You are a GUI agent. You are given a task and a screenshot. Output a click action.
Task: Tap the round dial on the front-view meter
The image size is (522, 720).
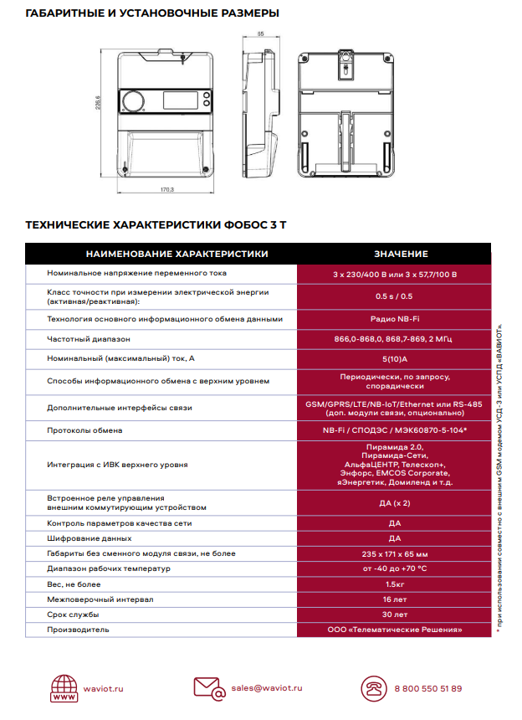pyautogui.click(x=135, y=101)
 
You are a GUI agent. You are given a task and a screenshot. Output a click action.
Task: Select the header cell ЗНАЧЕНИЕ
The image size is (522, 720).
pyautogui.click(x=401, y=254)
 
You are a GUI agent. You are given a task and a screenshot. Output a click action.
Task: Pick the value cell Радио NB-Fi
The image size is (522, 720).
pyautogui.click(x=394, y=319)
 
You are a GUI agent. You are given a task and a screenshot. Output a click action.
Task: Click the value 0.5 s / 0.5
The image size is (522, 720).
pyautogui.click(x=394, y=296)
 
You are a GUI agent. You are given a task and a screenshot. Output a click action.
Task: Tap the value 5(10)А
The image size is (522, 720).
pyautogui.click(x=394, y=358)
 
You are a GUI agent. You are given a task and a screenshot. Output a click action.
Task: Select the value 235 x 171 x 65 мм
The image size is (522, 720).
pyautogui.click(x=395, y=553)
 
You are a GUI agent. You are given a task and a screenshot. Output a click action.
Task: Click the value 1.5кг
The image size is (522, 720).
pyautogui.click(x=395, y=584)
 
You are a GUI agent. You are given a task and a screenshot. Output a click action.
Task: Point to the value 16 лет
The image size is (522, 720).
pyautogui.click(x=395, y=599)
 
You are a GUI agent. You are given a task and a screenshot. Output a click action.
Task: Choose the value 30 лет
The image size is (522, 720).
pyautogui.click(x=395, y=615)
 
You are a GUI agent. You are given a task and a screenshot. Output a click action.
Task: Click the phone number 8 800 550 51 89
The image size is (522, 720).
pyautogui.click(x=427, y=688)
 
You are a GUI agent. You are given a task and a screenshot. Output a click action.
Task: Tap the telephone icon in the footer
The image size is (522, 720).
pyautogui.click(x=371, y=689)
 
